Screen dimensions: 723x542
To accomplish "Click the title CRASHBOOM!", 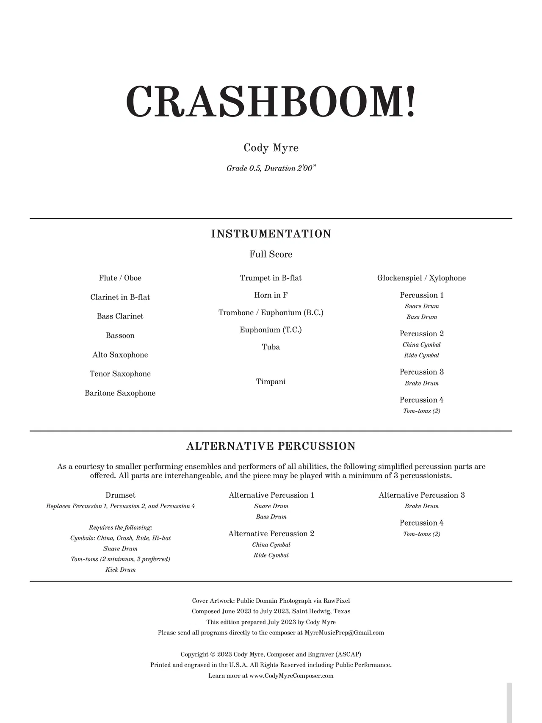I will point(271,102).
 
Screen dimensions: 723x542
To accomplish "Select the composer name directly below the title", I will point(271,148).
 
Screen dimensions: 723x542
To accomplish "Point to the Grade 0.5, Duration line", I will point(271,168).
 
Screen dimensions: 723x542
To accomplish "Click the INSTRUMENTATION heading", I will point(271,234).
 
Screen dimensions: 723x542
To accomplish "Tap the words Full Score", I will point(271,254).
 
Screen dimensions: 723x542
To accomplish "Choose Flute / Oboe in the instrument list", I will point(120,278).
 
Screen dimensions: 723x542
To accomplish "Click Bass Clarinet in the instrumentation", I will point(120,316).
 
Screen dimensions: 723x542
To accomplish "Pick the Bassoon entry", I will point(120,335).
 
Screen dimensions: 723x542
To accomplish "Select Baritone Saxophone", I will point(120,393).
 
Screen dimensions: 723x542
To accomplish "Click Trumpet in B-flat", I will point(271,278).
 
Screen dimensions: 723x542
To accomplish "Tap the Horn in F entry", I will point(271,295).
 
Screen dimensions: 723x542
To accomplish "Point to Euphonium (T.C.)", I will point(271,330).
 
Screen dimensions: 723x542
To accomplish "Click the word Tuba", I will point(271,347).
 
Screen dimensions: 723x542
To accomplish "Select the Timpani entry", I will point(271,382).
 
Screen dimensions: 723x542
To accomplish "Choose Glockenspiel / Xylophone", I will point(422,278).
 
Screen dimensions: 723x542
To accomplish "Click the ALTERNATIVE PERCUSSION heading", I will point(271,446).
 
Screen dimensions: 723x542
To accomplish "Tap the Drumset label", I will point(120,495).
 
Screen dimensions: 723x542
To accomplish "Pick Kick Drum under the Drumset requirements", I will point(120,570).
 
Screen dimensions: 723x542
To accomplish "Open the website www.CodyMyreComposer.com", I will point(291,676).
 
